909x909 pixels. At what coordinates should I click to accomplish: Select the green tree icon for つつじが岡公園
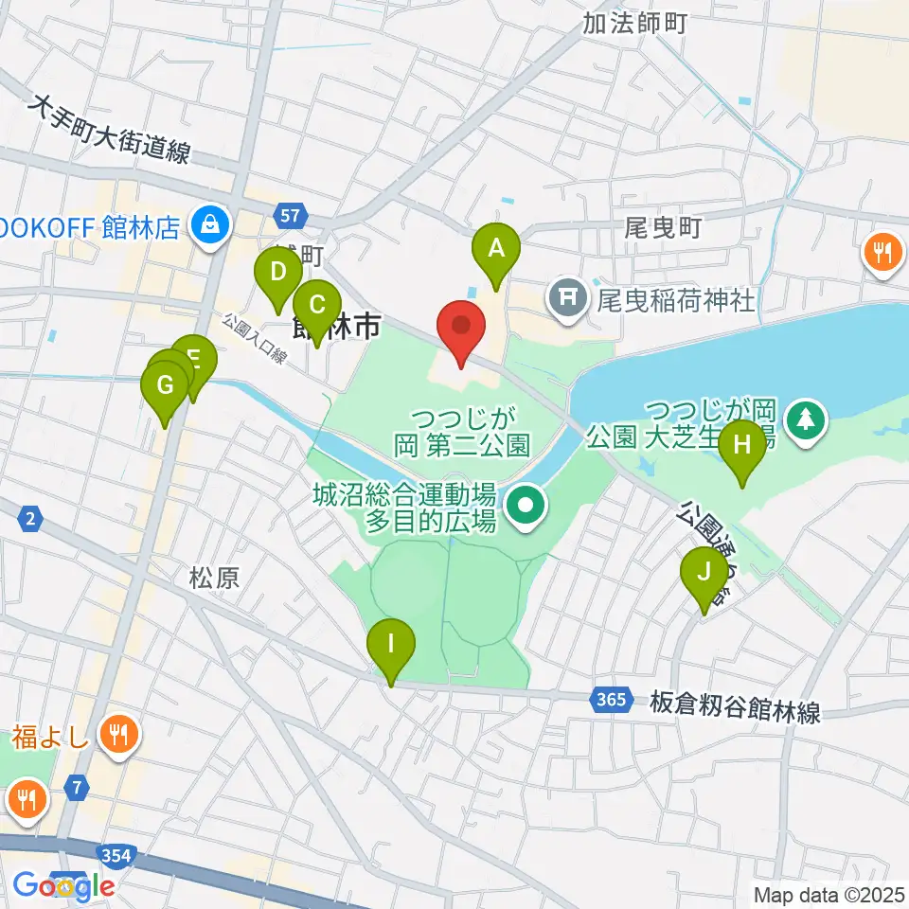click(806, 417)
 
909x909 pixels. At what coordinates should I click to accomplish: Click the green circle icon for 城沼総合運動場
click(522, 507)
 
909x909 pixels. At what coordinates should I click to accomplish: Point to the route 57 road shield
click(294, 215)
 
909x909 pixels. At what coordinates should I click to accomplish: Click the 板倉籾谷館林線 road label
click(735, 706)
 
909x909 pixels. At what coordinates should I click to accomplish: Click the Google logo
click(64, 885)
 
